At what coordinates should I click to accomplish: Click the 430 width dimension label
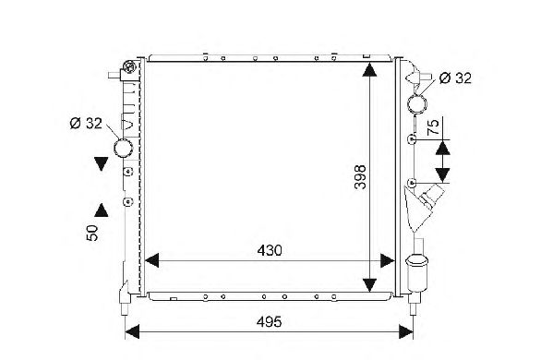point(270,250)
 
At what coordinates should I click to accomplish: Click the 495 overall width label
point(269,322)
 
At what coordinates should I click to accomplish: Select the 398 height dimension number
point(360,177)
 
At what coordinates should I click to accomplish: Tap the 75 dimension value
point(433,127)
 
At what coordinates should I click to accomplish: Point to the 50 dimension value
point(91,233)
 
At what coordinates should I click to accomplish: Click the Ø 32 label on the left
point(86,124)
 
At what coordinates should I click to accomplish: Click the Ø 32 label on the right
point(455,78)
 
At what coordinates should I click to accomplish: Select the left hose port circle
point(123,148)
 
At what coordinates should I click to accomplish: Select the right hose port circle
point(417,103)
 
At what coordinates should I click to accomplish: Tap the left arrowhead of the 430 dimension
point(151,260)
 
